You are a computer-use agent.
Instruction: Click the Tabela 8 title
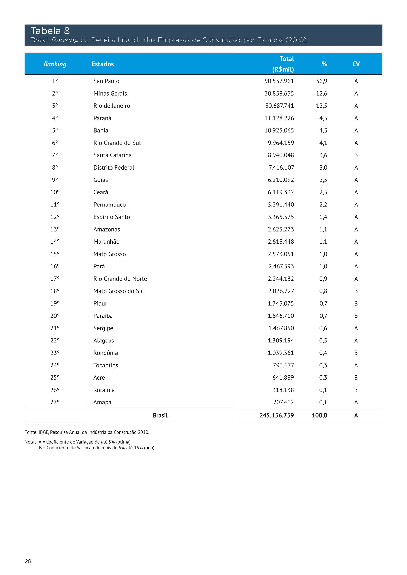(50, 31)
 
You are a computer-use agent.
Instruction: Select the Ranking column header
(55, 64)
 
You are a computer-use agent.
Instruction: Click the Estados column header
(103, 64)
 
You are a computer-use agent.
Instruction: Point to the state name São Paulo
(106, 81)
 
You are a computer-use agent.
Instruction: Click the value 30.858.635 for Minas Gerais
(279, 93)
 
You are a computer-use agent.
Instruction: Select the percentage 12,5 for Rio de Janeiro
(321, 106)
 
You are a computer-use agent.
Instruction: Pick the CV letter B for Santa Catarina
(356, 155)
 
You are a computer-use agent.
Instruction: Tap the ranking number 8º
(55, 168)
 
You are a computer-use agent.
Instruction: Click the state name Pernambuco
(110, 205)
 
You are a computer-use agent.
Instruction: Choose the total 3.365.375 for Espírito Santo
(281, 217)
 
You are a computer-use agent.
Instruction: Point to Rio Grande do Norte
(120, 279)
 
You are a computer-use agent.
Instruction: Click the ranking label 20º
(55, 316)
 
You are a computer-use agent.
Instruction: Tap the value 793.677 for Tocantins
(283, 365)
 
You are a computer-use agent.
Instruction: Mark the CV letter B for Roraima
(356, 390)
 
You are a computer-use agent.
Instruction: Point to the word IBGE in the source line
(44, 432)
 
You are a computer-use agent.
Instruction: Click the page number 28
(28, 561)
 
